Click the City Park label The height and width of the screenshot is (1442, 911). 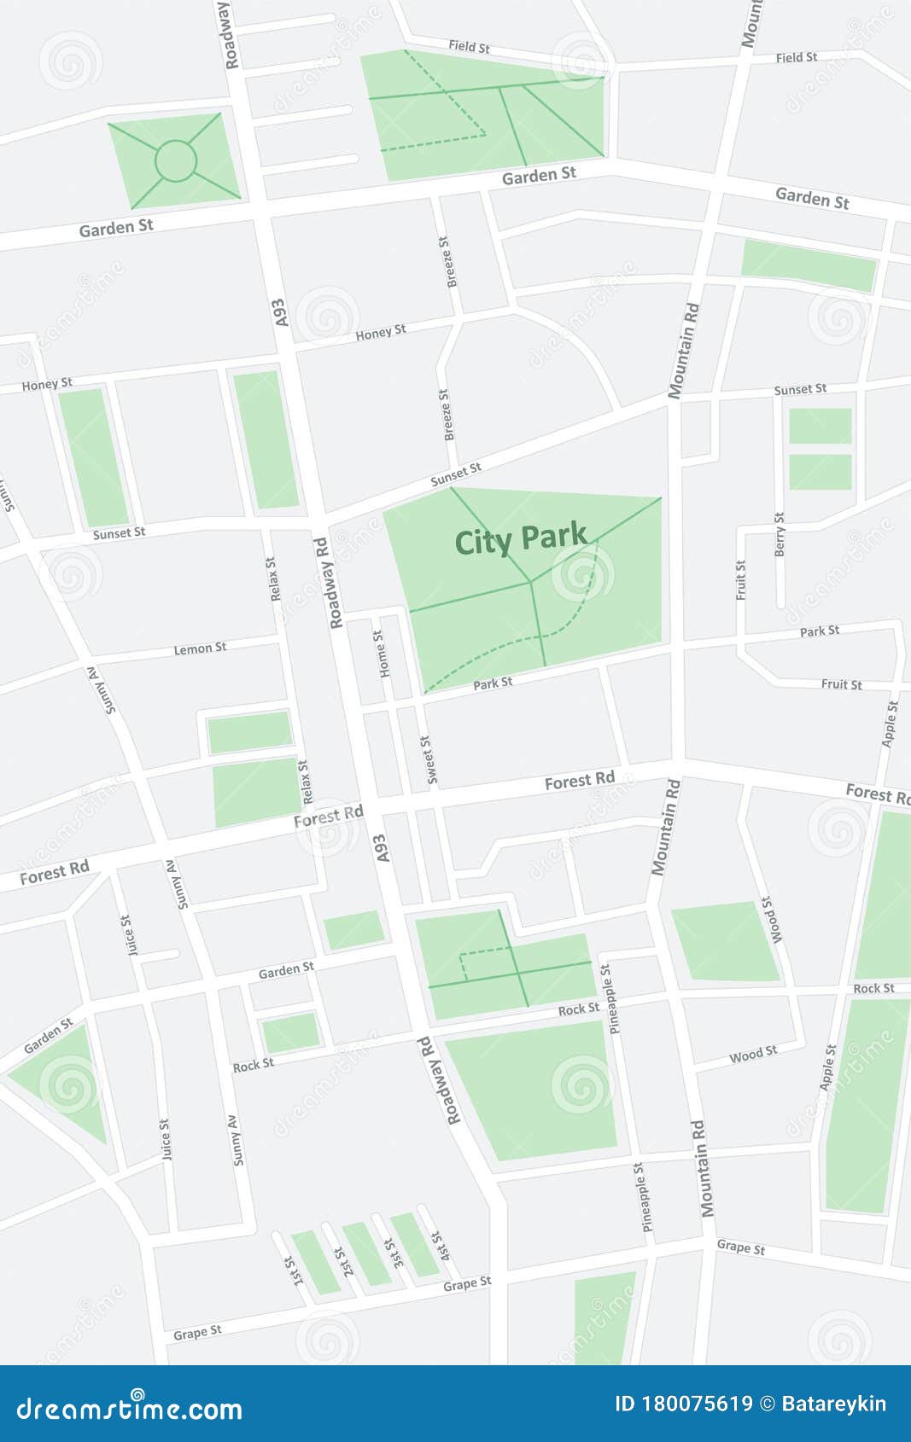pyautogui.click(x=521, y=539)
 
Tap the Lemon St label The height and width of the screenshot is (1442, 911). pyautogui.click(x=200, y=648)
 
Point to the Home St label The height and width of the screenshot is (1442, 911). pyautogui.click(x=381, y=654)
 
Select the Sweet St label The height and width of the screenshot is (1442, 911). pyautogui.click(x=429, y=759)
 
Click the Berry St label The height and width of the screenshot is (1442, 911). pyautogui.click(x=779, y=535)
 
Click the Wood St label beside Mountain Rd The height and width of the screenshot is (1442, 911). pyautogui.click(x=752, y=1055)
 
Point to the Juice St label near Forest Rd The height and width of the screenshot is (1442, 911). pyautogui.click(x=128, y=934)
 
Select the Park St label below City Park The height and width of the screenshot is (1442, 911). pyautogui.click(x=493, y=683)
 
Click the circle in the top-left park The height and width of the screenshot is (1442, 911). pyautogui.click(x=176, y=160)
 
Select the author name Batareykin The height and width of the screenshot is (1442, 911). pyautogui.click(x=833, y=1404)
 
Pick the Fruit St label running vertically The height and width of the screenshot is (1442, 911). pyautogui.click(x=740, y=579)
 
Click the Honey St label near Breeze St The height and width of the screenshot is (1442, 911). pyautogui.click(x=380, y=332)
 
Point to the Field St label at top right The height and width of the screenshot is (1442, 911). pyautogui.click(x=796, y=57)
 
